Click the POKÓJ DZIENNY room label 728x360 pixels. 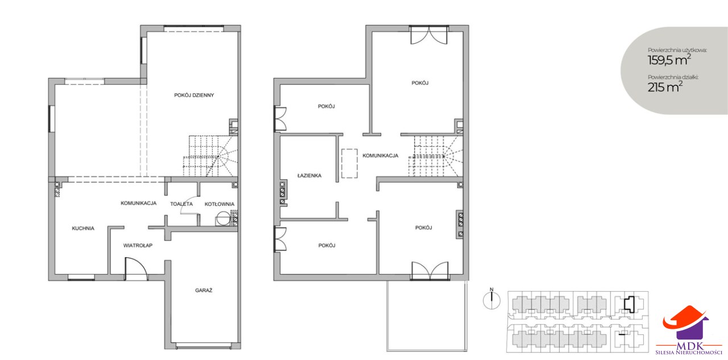pos(194,95)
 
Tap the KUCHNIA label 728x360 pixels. pos(83,229)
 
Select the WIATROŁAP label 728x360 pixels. pos(138,245)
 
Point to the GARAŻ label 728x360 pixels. pos(204,290)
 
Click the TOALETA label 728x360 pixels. pos(181,204)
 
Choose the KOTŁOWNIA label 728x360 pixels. pos(220,204)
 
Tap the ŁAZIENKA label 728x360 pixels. pos(309,176)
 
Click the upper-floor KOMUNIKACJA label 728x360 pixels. pos(380,156)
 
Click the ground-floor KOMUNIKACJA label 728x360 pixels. pos(138,203)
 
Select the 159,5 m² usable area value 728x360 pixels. pos(669,60)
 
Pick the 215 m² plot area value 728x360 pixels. pos(665,87)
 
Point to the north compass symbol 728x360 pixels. pos(492,300)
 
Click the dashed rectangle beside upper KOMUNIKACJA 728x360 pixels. pos(349,163)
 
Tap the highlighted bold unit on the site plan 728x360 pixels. pos(630,304)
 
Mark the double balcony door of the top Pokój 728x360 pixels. pos(429,35)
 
